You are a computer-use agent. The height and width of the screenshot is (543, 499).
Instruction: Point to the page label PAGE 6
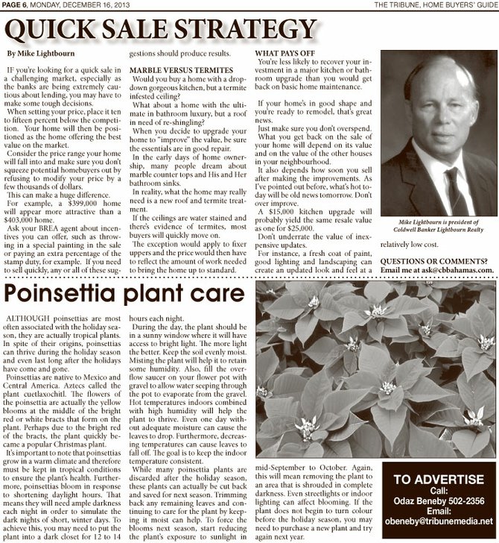[14, 5]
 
